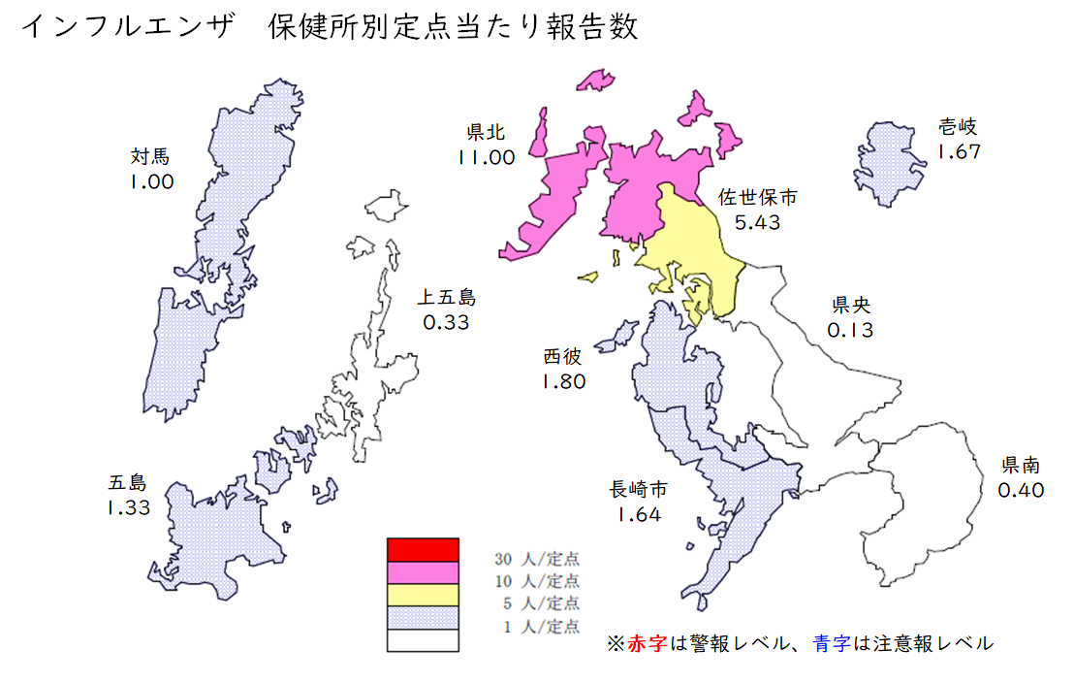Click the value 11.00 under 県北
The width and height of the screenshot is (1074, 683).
pos(486,157)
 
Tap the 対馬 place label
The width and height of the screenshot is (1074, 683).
pos(150,155)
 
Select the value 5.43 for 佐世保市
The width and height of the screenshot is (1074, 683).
pos(757,222)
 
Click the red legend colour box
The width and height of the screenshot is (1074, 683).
pos(422,549)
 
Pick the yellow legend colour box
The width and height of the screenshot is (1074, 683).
pos(422,595)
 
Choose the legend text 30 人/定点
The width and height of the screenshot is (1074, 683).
pos(537,560)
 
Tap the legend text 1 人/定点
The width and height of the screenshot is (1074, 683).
pos(541,627)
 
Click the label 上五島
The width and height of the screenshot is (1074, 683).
pos(446,297)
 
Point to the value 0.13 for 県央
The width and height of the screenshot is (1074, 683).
pos(850,330)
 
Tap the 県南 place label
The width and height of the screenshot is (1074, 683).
pos(1021,466)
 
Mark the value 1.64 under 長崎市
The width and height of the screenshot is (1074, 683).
pos(638,514)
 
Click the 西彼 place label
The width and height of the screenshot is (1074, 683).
pos(563,357)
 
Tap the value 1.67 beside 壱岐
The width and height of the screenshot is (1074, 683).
pos(959,151)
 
